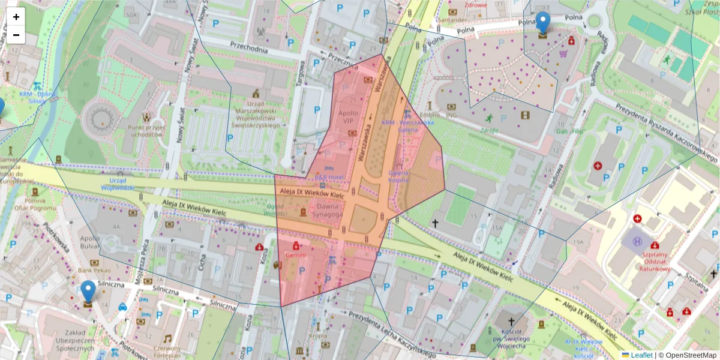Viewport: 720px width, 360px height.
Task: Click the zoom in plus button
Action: tap(16, 17)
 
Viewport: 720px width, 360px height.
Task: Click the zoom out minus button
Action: tap(16, 35)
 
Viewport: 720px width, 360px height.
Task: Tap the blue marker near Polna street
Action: tap(542, 23)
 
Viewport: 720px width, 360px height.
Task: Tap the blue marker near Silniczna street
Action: tap(88, 292)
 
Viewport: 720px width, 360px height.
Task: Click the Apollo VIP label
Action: tap(349, 116)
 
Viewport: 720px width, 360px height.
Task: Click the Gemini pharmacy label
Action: tap(295, 255)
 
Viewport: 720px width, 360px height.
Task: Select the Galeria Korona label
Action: tap(398, 176)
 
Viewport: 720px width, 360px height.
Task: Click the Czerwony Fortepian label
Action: tap(167, 351)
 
